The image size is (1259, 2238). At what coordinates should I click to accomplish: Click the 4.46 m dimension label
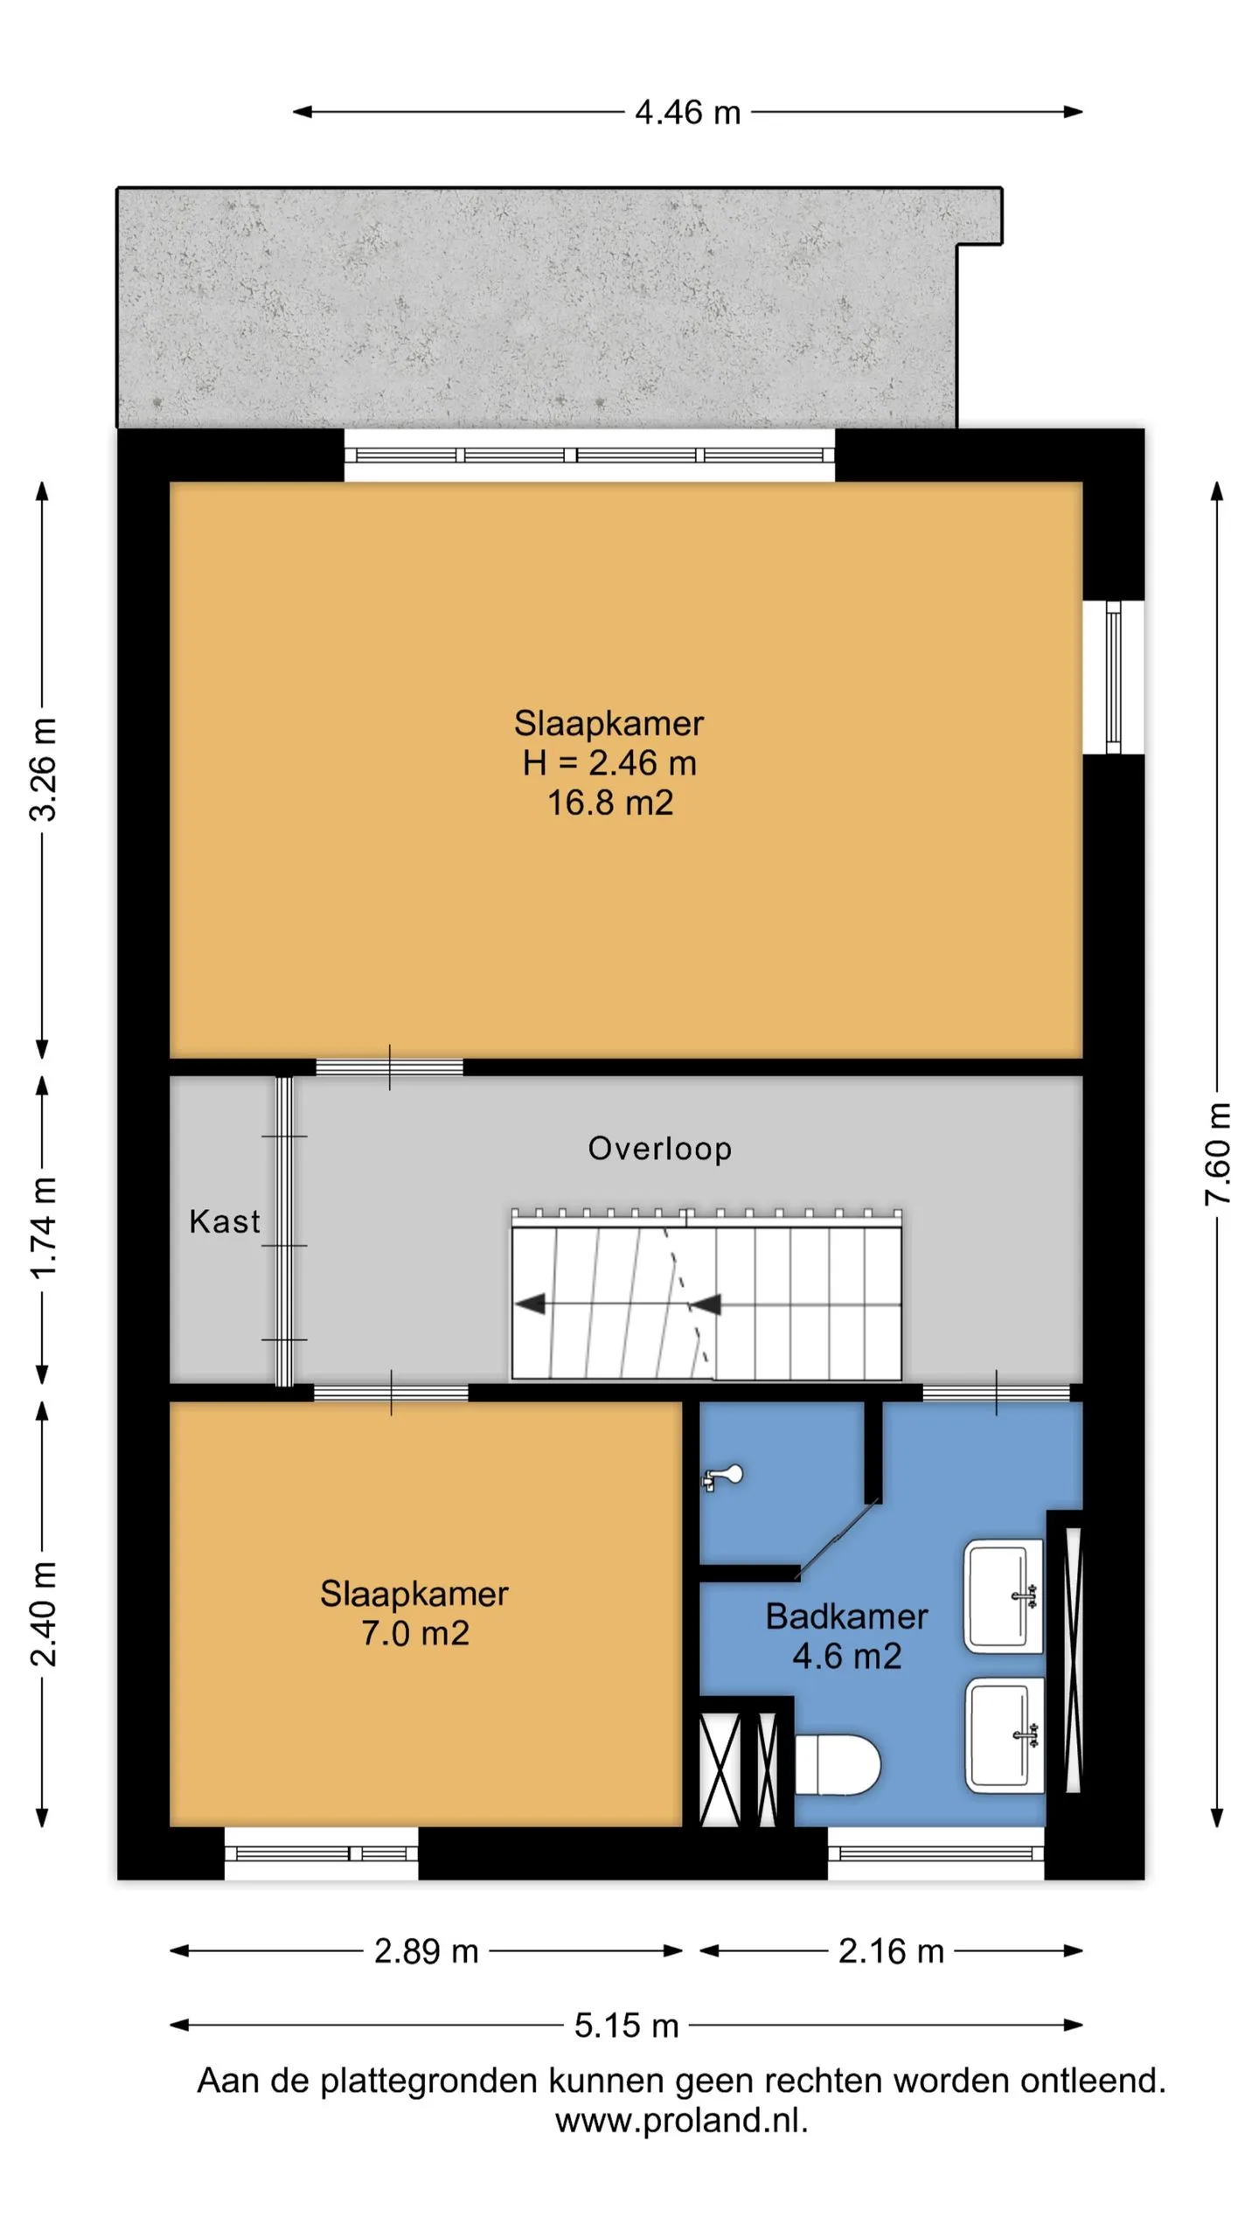[687, 113]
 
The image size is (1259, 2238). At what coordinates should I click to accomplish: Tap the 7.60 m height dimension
[1217, 1154]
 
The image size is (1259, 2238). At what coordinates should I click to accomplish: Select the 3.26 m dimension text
[43, 769]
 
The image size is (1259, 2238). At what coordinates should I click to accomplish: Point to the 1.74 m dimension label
[43, 1228]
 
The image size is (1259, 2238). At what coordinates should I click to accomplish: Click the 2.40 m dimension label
[43, 1614]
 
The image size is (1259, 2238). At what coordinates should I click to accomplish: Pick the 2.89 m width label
[427, 1951]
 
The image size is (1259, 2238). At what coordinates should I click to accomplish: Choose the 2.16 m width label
[891, 1951]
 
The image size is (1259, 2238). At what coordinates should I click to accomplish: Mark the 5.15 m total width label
[626, 2026]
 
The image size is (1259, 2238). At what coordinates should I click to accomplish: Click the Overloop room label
[659, 1149]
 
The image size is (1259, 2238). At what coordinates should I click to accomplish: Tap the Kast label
[225, 1221]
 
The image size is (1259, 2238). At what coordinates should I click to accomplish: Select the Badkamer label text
[846, 1616]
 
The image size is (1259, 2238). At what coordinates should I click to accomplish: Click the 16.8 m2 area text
[610, 803]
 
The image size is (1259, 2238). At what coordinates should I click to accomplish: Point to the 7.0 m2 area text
[415, 1633]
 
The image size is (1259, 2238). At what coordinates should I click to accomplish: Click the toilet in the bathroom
[837, 1764]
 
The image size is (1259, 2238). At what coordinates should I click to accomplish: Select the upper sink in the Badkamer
[1004, 1596]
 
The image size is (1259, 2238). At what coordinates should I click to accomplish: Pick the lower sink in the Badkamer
[1005, 1735]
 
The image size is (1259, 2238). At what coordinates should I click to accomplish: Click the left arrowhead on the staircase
[530, 1304]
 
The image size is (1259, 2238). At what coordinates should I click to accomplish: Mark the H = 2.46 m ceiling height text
[609, 763]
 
